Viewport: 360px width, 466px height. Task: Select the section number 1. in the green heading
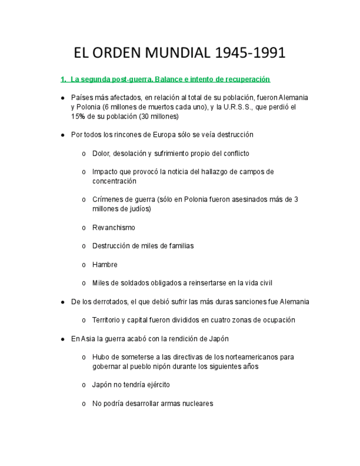pyautogui.click(x=64, y=80)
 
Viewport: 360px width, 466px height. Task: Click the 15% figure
pyautogui.click(x=79, y=116)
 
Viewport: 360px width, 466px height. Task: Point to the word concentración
pyautogui.click(x=114, y=181)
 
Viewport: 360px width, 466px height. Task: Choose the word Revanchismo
pyautogui.click(x=114, y=228)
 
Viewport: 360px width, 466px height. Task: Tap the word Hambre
pyautogui.click(x=105, y=265)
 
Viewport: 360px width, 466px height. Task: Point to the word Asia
pyautogui.click(x=88, y=339)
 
